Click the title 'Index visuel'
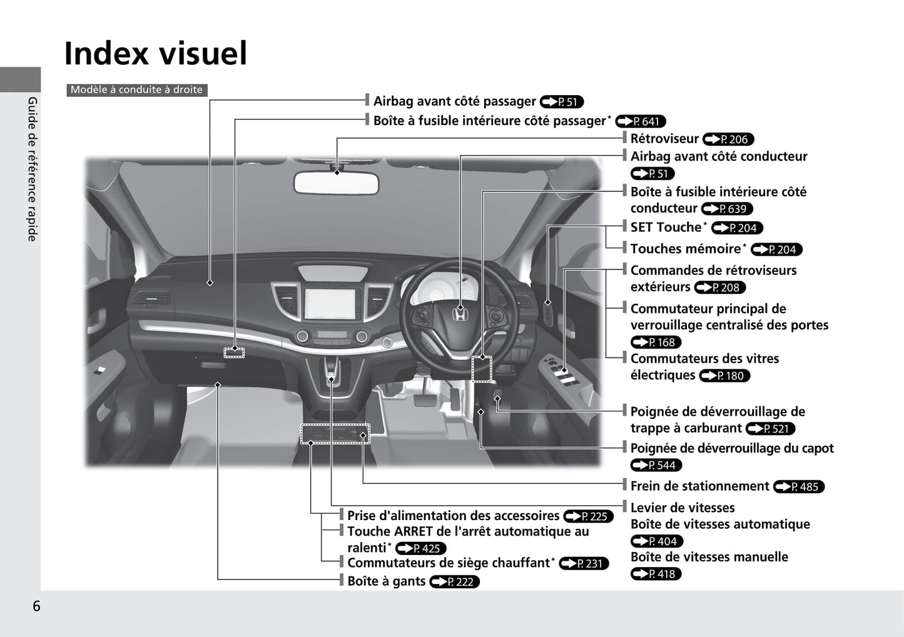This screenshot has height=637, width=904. tap(155, 53)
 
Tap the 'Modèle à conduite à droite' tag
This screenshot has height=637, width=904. tap(137, 90)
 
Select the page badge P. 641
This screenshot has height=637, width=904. tap(641, 121)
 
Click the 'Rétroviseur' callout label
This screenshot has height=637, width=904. tap(664, 139)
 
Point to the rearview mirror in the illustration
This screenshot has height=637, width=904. tap(336, 183)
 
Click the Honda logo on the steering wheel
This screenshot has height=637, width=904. tap(460, 314)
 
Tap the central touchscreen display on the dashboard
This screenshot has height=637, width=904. tap(330, 304)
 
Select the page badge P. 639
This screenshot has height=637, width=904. tap(727, 209)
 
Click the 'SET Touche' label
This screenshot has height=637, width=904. tap(666, 228)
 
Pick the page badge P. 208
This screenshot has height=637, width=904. tap(720, 288)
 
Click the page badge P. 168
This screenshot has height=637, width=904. tap(656, 343)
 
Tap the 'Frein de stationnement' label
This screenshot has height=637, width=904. tap(700, 486)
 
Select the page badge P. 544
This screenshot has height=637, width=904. tap(656, 465)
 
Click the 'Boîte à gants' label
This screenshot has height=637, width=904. tap(386, 581)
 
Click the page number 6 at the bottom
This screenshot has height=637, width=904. tap(36, 606)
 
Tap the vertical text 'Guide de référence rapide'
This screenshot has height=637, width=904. tap(33, 169)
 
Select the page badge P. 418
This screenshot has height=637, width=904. tap(656, 574)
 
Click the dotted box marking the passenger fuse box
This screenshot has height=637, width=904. tap(234, 353)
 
